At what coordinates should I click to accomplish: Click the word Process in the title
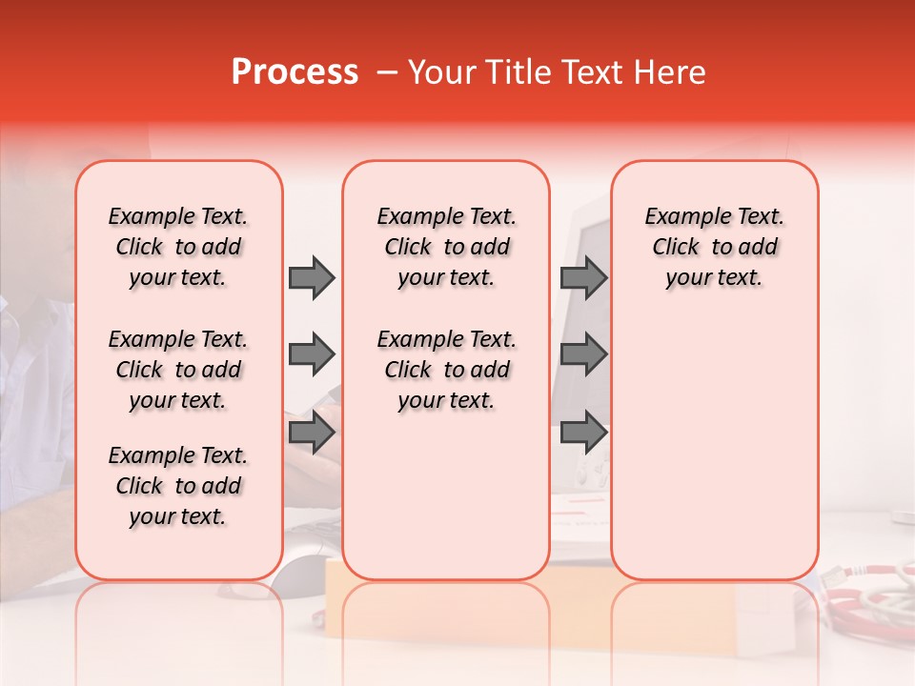click(x=295, y=72)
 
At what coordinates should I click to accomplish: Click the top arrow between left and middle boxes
click(x=312, y=277)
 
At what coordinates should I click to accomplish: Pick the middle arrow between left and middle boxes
click(x=312, y=354)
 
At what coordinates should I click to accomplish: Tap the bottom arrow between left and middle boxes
click(x=312, y=433)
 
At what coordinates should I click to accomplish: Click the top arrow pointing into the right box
click(x=583, y=277)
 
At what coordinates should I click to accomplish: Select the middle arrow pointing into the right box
click(x=583, y=354)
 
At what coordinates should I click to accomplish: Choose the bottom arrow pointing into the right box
click(x=583, y=433)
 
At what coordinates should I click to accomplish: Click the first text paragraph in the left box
click(x=178, y=247)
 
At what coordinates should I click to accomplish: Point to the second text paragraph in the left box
click(x=178, y=370)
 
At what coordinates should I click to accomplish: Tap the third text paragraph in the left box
click(x=178, y=486)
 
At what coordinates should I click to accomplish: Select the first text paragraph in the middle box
click(x=446, y=247)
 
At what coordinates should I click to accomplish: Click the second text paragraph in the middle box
click(x=446, y=370)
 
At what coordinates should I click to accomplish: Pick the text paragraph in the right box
click(x=715, y=247)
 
